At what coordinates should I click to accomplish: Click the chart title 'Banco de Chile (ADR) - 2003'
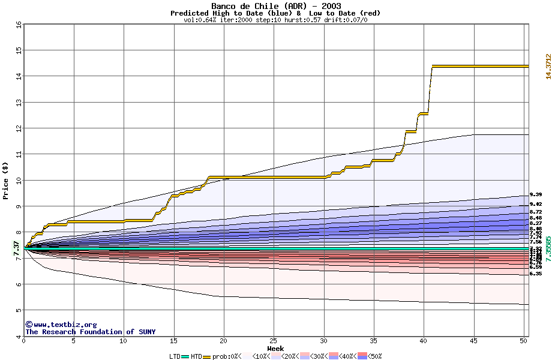point(275,6)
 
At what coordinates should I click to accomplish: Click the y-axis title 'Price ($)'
point(6,180)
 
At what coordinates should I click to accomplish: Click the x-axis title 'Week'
point(275,348)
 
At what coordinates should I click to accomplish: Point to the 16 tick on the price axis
point(19,25)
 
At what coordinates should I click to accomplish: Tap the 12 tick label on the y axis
point(19,128)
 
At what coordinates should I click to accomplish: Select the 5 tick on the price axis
point(19,310)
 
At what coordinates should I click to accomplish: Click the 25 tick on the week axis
point(274,341)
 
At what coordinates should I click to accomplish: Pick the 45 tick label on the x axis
point(473,341)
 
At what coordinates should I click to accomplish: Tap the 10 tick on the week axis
point(124,341)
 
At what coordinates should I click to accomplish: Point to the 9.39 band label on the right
point(536,194)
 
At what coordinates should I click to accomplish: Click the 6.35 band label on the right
point(536,274)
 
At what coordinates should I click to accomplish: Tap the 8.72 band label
point(536,212)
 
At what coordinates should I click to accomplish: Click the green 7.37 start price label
point(17,248)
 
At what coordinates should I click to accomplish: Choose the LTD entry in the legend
point(175,356)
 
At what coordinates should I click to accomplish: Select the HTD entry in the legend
point(196,356)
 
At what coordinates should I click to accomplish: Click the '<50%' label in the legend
point(374,356)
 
